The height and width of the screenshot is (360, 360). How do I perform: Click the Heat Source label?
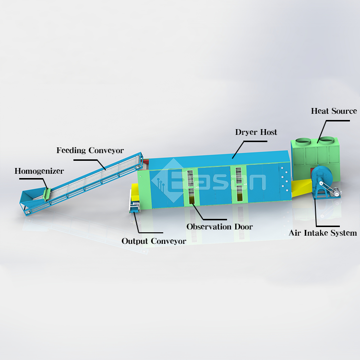click(334, 111)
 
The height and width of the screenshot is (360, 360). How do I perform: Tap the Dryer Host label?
click(256, 132)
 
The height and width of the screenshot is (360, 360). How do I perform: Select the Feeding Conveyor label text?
click(90, 150)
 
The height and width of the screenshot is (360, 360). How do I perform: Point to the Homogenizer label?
click(39, 171)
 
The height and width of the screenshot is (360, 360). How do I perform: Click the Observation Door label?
click(219, 227)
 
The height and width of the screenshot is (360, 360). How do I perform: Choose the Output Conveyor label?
click(154, 241)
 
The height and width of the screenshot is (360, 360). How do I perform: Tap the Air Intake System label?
click(323, 233)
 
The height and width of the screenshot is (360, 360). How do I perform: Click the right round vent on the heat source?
click(327, 141)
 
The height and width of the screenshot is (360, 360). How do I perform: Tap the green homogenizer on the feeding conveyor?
click(47, 193)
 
